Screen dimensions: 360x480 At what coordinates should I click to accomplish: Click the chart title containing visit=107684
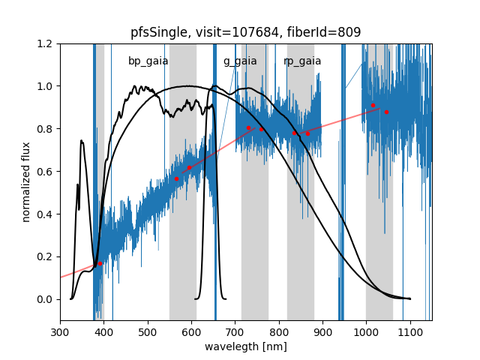[245, 32]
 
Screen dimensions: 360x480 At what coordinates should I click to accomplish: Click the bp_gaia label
[148, 61]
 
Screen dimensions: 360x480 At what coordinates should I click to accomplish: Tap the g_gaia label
[240, 61]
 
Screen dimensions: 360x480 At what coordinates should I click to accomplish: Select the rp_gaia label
[302, 61]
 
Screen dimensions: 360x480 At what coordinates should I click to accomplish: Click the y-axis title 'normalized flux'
[26, 182]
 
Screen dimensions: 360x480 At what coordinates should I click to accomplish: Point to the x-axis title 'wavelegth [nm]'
[245, 347]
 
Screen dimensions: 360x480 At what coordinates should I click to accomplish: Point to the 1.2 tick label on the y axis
[46, 43]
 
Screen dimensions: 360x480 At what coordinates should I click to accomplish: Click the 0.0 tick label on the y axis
[46, 299]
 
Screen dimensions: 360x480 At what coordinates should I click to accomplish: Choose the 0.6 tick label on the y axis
[46, 172]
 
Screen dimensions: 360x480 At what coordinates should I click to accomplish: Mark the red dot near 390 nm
[100, 263]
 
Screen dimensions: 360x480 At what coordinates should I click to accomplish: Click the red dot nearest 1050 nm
[386, 112]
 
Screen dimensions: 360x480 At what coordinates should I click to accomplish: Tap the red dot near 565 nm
[176, 178]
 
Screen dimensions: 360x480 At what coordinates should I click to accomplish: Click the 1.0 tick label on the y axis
[46, 86]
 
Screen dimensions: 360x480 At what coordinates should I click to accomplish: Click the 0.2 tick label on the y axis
[46, 256]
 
